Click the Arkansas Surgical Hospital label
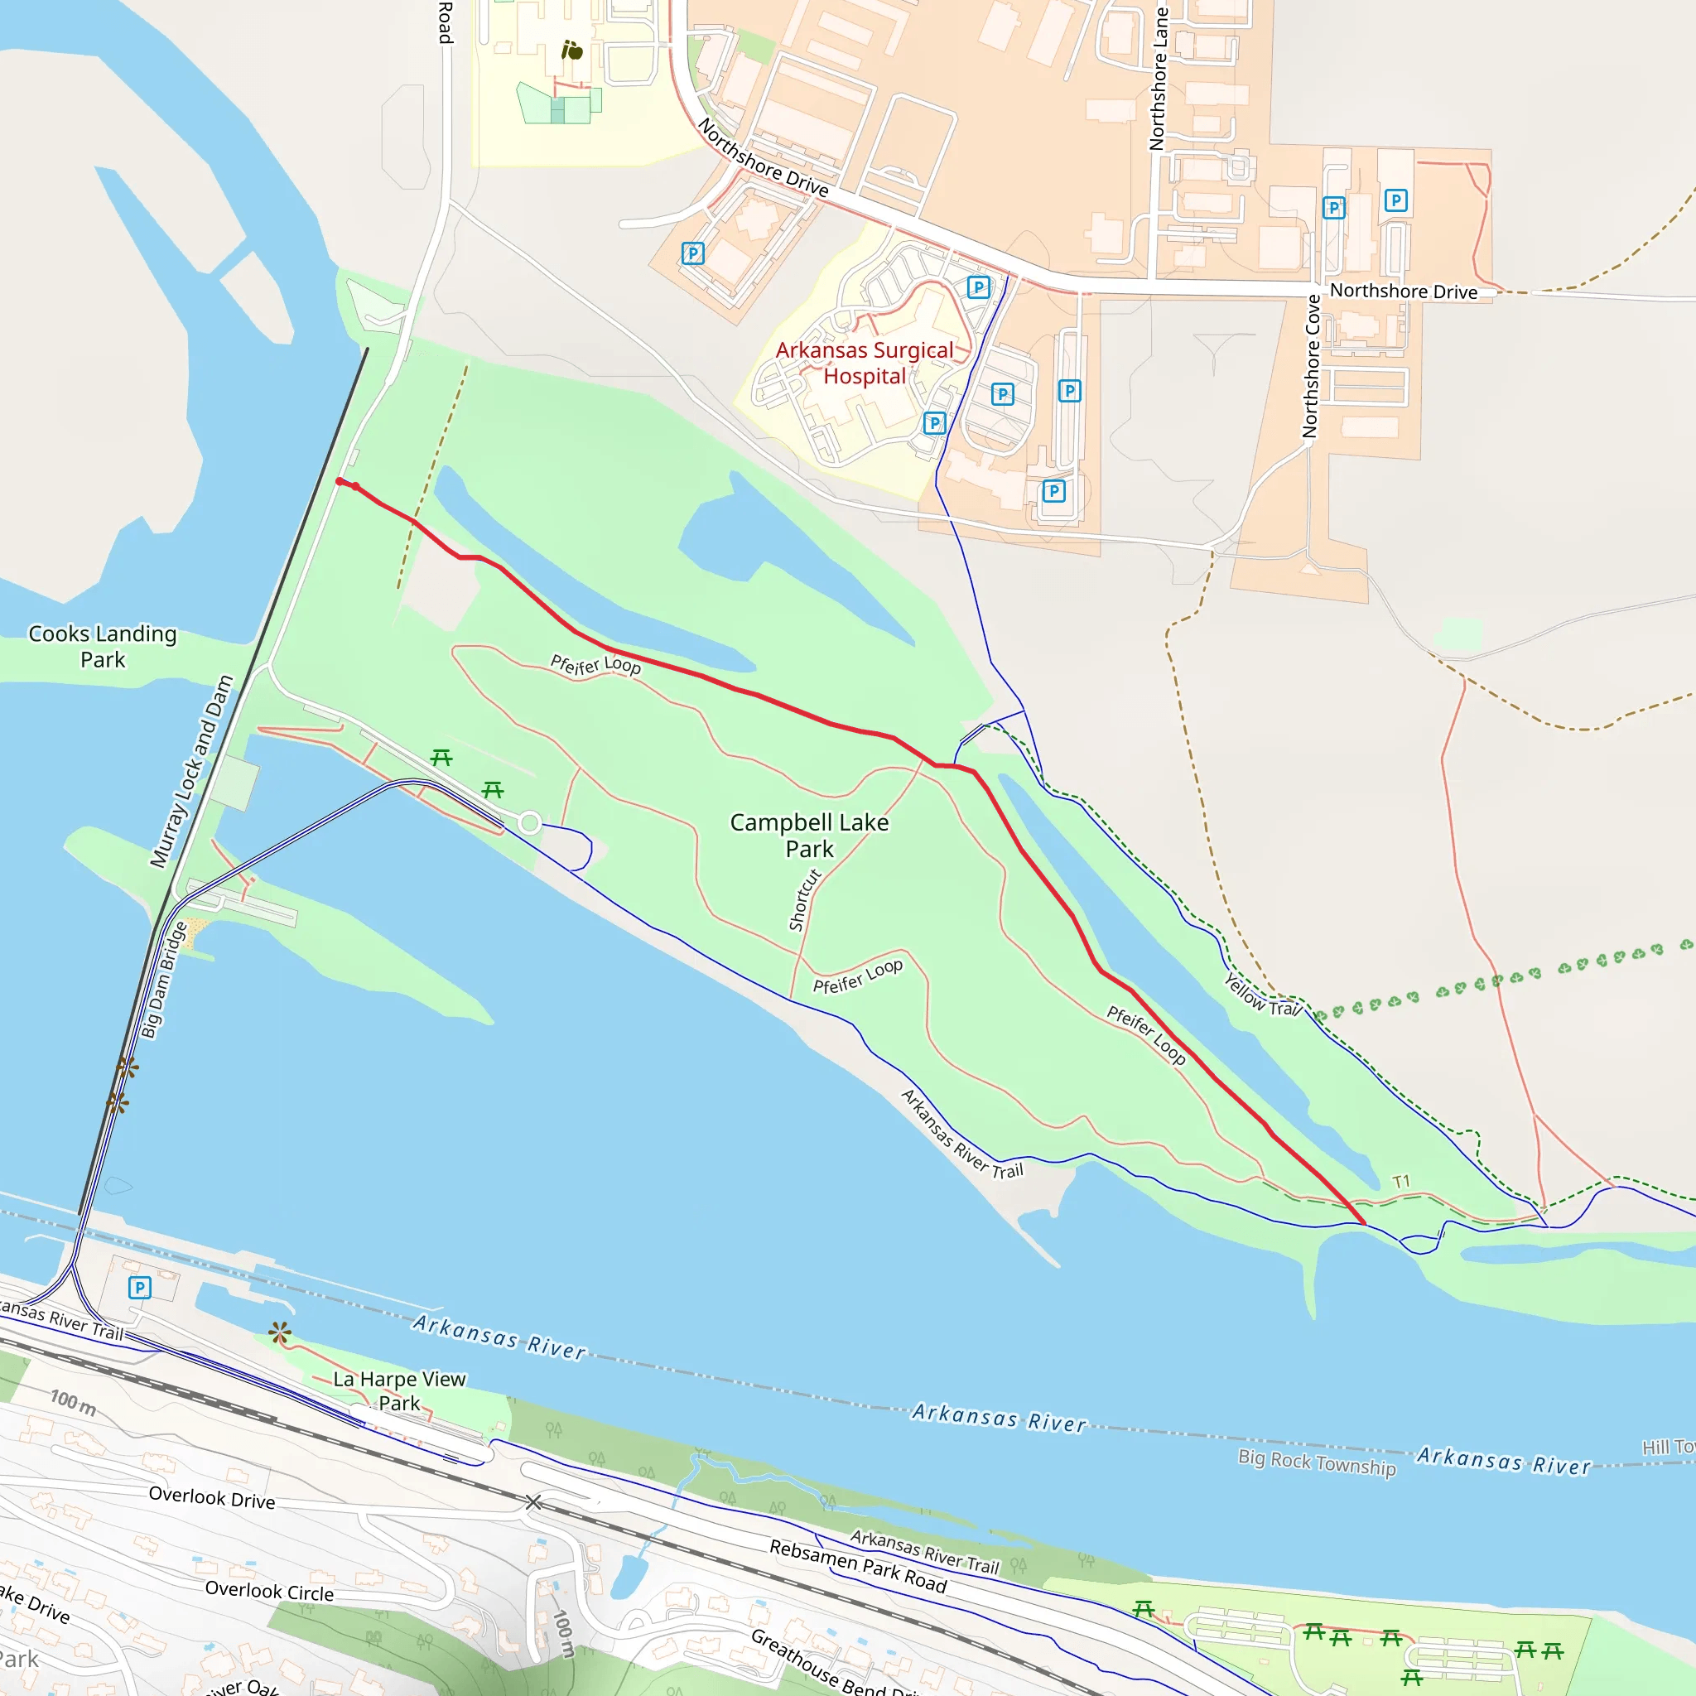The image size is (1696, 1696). [864, 363]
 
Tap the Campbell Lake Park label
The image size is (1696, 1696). [808, 835]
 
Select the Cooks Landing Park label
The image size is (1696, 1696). [103, 646]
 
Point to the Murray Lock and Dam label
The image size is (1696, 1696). [191, 771]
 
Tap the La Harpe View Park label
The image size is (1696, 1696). [399, 1390]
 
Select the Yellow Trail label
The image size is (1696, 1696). [1261, 995]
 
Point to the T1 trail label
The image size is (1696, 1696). [1401, 1182]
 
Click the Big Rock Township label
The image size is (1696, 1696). [1316, 1462]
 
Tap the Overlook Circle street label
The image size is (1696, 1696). [269, 1591]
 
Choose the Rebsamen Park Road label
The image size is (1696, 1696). [858, 1566]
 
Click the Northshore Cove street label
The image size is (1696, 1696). [1311, 366]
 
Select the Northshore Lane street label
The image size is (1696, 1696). [1159, 79]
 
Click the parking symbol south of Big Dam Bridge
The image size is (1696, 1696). [140, 1288]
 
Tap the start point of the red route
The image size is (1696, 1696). [340, 481]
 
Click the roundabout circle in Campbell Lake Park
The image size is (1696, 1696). [529, 822]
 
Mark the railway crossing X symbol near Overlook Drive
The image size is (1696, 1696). [532, 1502]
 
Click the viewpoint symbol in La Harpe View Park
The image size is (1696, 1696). [280, 1332]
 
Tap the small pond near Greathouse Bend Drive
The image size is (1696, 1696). [629, 1576]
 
